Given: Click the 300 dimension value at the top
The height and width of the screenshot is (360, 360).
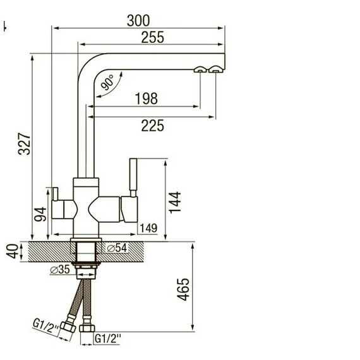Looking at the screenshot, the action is tap(138, 20).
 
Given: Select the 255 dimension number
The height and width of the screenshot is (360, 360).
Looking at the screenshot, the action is tap(152, 37).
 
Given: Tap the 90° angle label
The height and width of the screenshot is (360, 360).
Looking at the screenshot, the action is tap(107, 82).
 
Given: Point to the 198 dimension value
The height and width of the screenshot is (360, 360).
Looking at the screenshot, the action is tap(147, 99).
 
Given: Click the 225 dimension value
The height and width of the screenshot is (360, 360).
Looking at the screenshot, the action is tap(152, 126).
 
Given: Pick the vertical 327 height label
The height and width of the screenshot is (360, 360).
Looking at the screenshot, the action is tap(25, 144).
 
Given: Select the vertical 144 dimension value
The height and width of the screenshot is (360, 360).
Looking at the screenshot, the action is tap(175, 203).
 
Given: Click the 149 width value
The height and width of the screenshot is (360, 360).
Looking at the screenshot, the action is tap(148, 228).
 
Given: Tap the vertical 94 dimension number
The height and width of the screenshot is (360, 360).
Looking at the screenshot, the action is tap(40, 214).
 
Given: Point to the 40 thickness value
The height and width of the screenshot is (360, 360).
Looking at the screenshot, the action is tap(13, 251).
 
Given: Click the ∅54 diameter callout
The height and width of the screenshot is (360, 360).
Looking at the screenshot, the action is tap(117, 248).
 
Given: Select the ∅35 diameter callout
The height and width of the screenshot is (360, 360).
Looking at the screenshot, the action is tap(60, 270).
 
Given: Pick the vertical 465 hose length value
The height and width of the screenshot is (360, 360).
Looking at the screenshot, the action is tap(183, 289).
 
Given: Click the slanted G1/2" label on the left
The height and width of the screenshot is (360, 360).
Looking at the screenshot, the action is tap(46, 327).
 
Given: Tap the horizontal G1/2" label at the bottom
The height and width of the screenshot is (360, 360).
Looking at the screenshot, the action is tap(108, 339).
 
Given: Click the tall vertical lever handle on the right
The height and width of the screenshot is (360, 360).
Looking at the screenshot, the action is tap(133, 177).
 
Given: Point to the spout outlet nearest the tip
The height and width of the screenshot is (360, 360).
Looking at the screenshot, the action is tap(215, 69).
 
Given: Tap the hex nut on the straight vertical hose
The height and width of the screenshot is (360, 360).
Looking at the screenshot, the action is tap(87, 328).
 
